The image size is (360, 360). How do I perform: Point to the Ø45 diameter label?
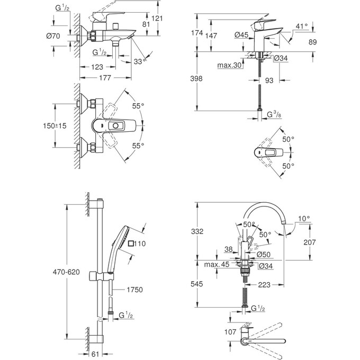coord(242,35)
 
